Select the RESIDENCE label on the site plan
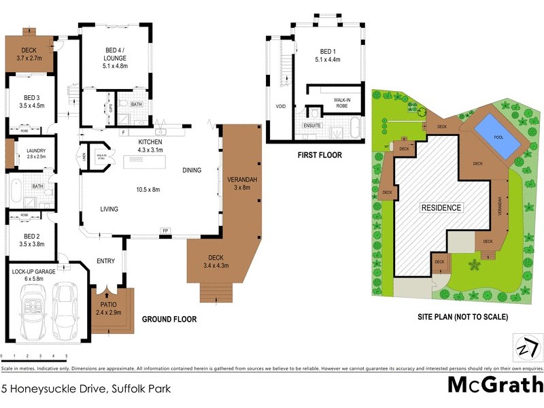coord(441,207)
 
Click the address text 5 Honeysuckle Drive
coord(85,390)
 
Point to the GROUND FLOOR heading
coord(169,319)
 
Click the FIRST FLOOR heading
coord(320,155)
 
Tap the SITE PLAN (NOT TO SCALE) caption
coord(462,317)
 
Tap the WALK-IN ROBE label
coord(342,103)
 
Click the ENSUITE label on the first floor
coord(311,125)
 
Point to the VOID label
coord(280,107)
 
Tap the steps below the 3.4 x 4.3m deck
coord(215,292)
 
